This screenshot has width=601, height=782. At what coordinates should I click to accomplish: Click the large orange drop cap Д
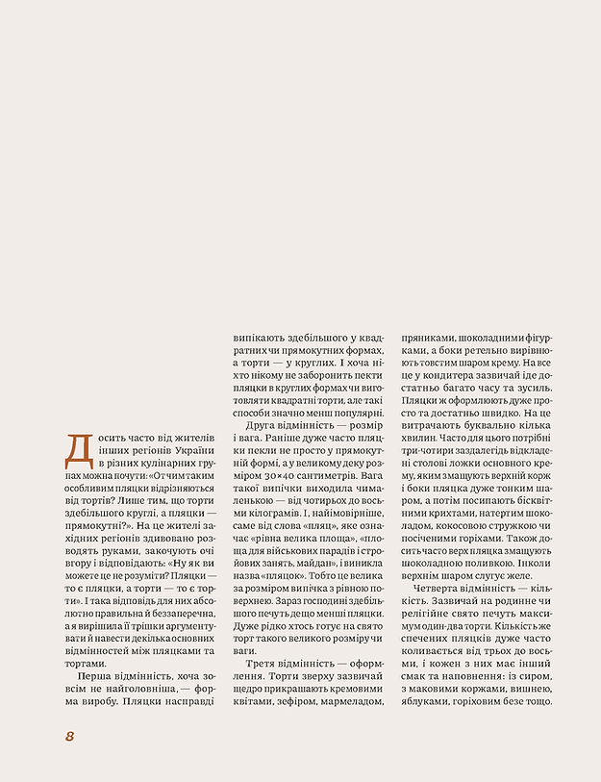pyautogui.click(x=77, y=448)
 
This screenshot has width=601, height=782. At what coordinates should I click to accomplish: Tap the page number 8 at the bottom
pyautogui.click(x=70, y=736)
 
